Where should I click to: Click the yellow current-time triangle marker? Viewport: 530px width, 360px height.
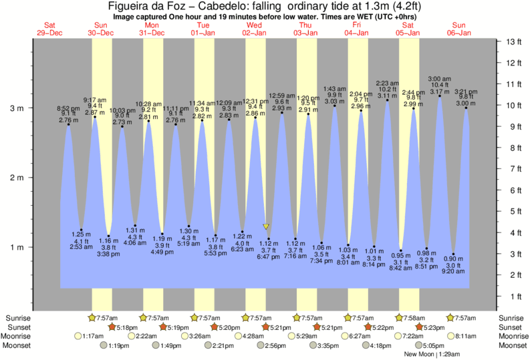(x=266, y=227)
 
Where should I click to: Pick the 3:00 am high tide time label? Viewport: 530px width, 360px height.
(x=438, y=78)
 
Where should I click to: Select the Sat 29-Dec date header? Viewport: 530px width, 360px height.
(x=50, y=28)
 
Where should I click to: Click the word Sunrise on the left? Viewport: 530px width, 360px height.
(x=17, y=318)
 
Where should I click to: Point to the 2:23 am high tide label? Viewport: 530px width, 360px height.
(x=387, y=83)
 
